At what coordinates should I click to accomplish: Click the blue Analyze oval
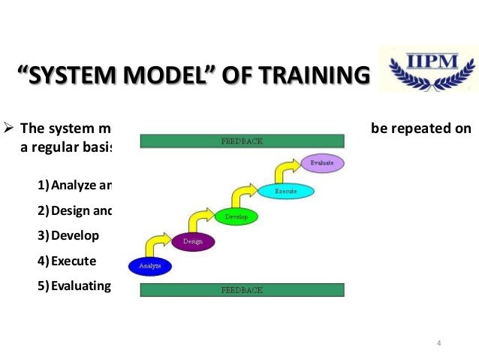click(x=150, y=265)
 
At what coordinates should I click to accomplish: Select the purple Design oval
click(x=193, y=242)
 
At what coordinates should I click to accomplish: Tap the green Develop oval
click(x=236, y=217)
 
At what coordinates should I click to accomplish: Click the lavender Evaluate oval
click(x=321, y=162)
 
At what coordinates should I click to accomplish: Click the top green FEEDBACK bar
click(x=241, y=141)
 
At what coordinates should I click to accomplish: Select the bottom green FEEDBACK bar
click(x=241, y=289)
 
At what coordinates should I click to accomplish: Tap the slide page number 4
click(x=438, y=343)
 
